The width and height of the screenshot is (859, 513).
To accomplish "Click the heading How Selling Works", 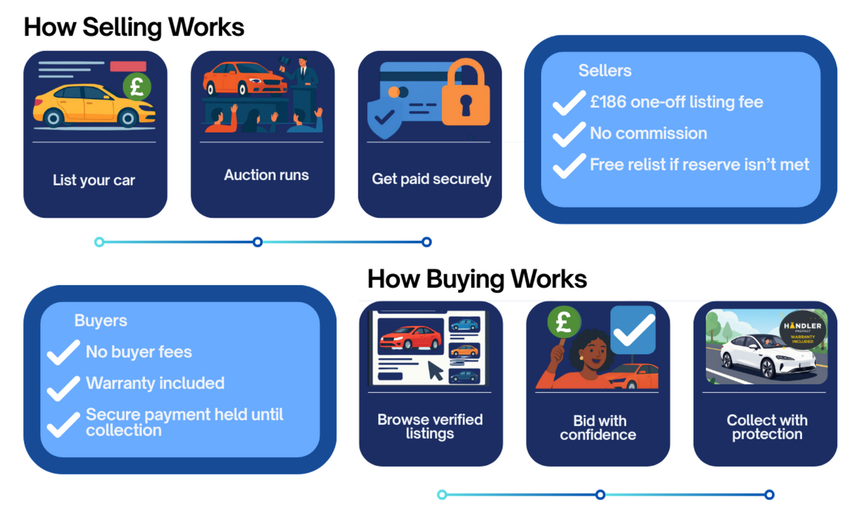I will coord(134,28).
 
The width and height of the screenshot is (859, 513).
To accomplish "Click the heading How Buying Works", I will coord(477,279).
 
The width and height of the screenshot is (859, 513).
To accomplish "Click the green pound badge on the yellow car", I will coord(137,86).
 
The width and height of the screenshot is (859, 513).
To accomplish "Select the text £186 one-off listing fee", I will coord(676,102).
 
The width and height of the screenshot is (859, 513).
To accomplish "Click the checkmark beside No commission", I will coord(569,134).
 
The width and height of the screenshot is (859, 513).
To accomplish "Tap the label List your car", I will coord(94,180).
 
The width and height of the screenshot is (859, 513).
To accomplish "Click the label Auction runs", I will coord(266,175).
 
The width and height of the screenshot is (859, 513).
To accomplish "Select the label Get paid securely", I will coord(431,179).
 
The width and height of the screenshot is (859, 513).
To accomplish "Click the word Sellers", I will coord(604,70).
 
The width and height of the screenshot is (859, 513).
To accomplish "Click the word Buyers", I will coord(101,321).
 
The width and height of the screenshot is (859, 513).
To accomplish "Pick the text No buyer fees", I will coord(139,352).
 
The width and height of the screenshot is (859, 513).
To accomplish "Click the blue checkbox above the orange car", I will coord(633,330).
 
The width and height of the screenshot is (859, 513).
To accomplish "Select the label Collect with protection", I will coord(767,427).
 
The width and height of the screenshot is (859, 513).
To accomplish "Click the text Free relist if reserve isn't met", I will coord(699,164).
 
